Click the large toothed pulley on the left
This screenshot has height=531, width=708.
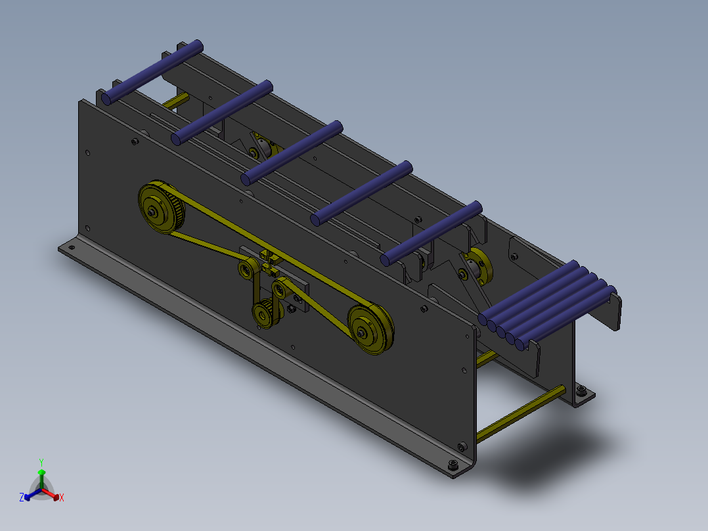tap(161, 207)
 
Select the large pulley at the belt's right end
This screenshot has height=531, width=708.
tap(370, 329)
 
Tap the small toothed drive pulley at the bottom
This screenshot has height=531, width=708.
tap(267, 313)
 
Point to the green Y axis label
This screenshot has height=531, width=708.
tap(41, 462)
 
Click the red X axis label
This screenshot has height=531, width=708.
tap(62, 497)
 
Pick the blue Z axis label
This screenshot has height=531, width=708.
tap(22, 497)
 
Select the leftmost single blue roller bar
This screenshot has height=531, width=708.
tap(152, 72)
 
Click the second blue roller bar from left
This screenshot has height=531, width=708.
tap(222, 112)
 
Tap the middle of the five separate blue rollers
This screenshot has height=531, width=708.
tap(292, 152)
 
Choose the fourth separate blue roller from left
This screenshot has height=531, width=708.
tap(361, 193)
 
